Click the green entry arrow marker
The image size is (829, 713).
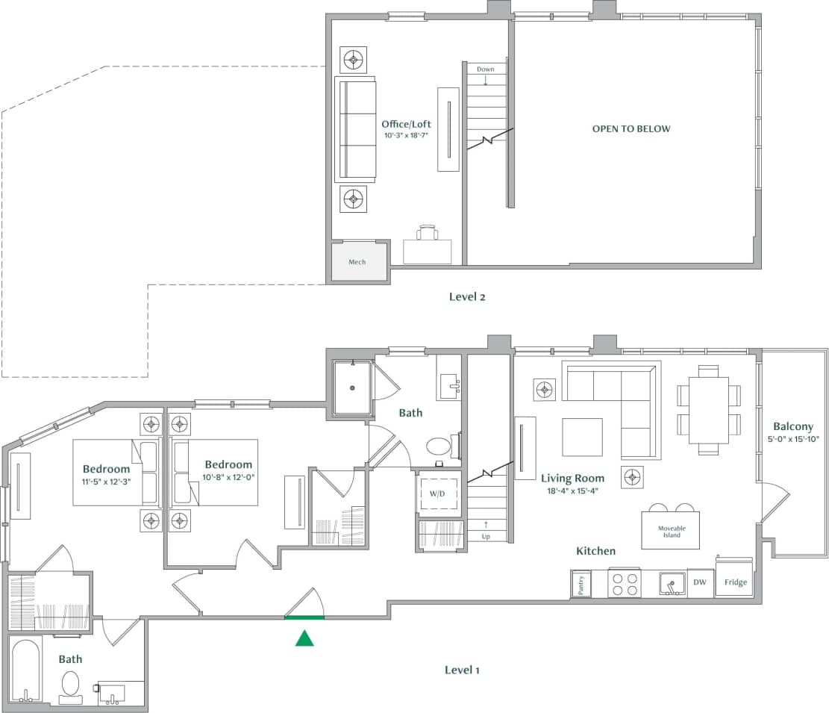click(304, 638)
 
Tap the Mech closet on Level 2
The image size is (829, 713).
click(357, 262)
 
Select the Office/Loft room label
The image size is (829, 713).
click(406, 125)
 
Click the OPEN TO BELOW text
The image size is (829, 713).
click(631, 128)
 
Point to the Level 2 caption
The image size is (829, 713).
click(467, 296)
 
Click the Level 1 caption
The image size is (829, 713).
click(462, 670)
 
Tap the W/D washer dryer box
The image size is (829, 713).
click(438, 494)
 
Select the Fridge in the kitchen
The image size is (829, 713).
click(734, 582)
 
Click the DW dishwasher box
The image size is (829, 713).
click(700, 582)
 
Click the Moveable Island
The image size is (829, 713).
click(671, 531)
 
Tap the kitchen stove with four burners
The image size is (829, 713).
click(625, 583)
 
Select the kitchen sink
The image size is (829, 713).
click(672, 584)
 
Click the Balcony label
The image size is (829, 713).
click(793, 426)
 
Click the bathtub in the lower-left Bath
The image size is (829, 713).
click(26, 671)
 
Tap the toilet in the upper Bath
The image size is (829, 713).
click(439, 447)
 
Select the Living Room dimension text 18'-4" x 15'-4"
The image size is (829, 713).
click(572, 491)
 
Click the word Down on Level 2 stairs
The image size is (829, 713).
click(486, 69)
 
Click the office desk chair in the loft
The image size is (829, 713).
click(428, 232)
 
